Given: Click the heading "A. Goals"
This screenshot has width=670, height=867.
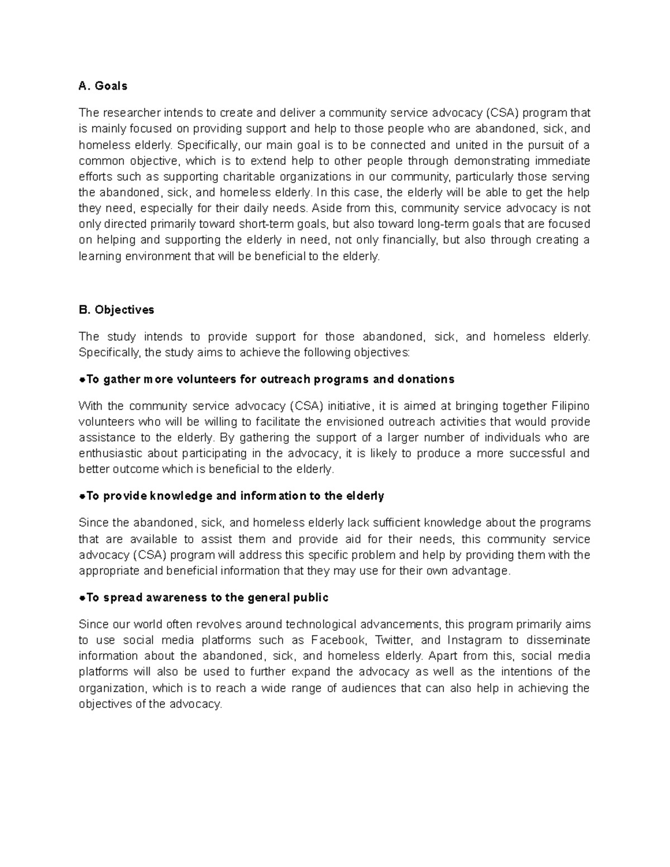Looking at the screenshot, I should (103, 86).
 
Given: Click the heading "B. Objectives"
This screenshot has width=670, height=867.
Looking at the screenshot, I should (116, 310).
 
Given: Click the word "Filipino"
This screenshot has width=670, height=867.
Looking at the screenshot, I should (570, 406).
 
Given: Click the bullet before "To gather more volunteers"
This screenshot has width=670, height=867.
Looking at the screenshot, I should (82, 380).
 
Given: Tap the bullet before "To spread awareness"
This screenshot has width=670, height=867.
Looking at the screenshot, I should (82, 598).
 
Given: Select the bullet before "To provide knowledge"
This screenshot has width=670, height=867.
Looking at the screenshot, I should (82, 496).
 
